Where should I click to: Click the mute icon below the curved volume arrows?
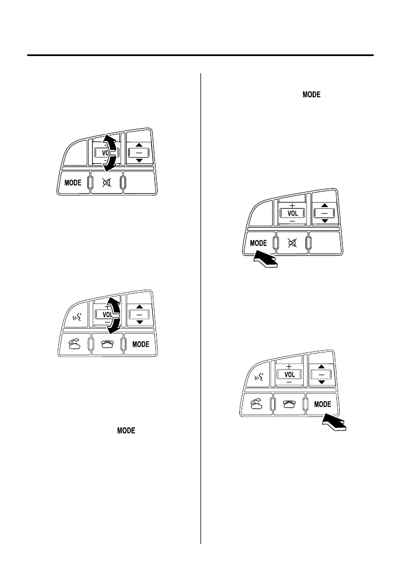pyautogui.click(x=107, y=183)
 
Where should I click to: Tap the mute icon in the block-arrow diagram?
pyautogui.click(x=293, y=244)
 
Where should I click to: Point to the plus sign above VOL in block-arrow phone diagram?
pyautogui.click(x=289, y=366)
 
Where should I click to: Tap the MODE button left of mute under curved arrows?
pyautogui.click(x=73, y=183)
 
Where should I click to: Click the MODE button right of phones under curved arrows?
pyautogui.click(x=139, y=345)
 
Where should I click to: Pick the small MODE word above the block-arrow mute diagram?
pyautogui.click(x=312, y=95)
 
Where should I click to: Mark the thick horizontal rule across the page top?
pyautogui.click(x=200, y=55)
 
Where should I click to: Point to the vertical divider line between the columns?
pyautogui.click(x=200, y=311)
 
